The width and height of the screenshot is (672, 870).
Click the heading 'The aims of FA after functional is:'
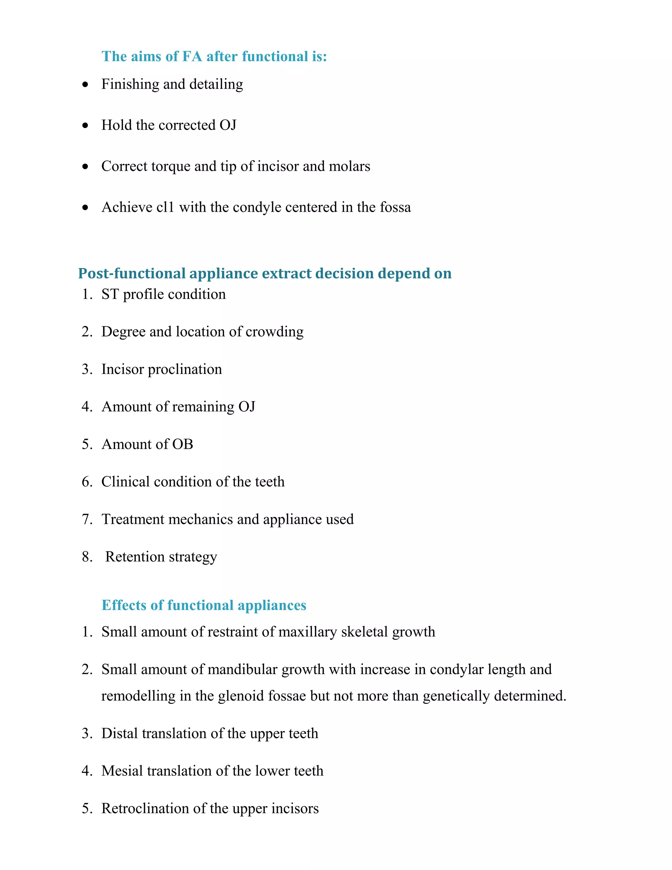click(x=214, y=56)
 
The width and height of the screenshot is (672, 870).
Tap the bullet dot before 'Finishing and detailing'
click(x=85, y=85)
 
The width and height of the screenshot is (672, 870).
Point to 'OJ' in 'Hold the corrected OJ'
click(x=228, y=125)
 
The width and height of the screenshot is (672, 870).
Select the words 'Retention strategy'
click(x=161, y=556)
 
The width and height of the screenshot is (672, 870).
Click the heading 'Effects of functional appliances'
click(x=204, y=605)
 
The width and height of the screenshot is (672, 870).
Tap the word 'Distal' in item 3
click(x=119, y=733)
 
